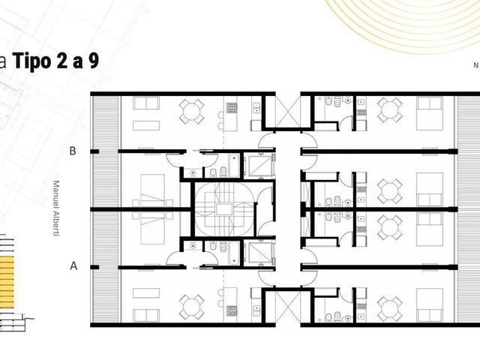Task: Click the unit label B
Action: point(73,151)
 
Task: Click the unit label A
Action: point(73,265)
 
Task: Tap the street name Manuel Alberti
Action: point(56,208)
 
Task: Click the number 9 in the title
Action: point(94,61)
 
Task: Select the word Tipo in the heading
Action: point(31,61)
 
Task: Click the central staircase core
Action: point(224,209)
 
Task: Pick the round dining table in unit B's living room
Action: point(192,112)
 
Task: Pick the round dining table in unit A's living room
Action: point(192,307)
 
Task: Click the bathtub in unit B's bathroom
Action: point(234,165)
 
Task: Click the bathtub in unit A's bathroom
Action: point(234,253)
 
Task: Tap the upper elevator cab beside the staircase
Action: point(260,166)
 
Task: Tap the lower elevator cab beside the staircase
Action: point(260,253)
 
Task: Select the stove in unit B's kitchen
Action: point(232,107)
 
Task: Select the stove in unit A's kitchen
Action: point(232,310)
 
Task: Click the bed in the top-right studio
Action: point(430,113)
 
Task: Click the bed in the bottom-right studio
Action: point(430,305)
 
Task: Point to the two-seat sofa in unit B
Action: point(146,103)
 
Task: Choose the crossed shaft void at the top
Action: point(288,112)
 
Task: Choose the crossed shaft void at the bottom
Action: point(288,307)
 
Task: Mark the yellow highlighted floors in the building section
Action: point(7,282)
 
